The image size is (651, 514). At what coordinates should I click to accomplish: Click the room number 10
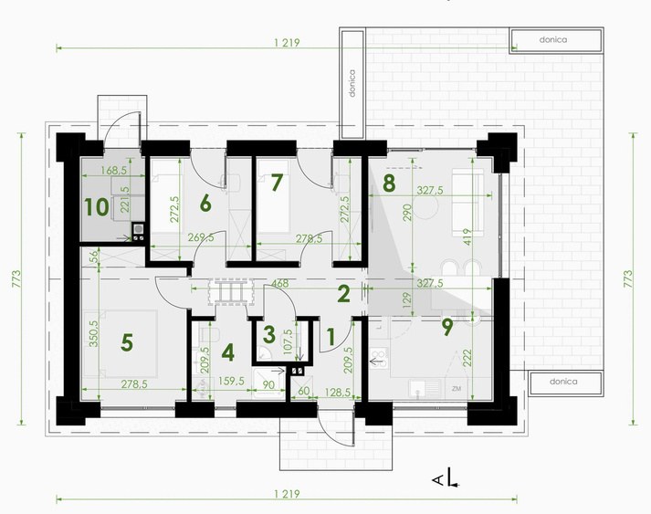(x=97, y=207)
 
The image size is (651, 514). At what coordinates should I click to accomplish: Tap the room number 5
(x=127, y=343)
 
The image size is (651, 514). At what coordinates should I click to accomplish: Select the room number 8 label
(x=389, y=184)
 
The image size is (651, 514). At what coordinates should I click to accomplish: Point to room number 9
(x=447, y=327)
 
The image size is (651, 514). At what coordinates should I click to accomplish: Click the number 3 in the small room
(x=269, y=335)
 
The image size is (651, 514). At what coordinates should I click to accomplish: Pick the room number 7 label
(x=277, y=183)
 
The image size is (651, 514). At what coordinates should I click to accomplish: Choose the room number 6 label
(x=205, y=204)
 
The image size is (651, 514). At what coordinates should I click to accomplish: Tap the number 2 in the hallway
(x=344, y=294)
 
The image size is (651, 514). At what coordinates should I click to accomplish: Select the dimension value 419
(x=467, y=236)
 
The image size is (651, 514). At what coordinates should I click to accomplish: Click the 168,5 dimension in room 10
(x=114, y=170)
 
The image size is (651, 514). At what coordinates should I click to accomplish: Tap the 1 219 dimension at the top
(x=287, y=42)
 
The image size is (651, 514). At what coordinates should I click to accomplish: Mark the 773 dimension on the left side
(x=16, y=279)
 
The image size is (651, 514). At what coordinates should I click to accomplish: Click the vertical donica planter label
(x=352, y=83)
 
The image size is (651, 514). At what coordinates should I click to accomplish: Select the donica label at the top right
(x=553, y=40)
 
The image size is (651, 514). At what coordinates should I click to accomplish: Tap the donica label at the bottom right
(x=563, y=381)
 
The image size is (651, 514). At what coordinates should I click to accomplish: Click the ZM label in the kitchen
(x=457, y=389)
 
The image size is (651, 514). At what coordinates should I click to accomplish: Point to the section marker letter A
(x=437, y=481)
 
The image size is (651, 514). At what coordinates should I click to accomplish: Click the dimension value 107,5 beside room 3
(x=288, y=341)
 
